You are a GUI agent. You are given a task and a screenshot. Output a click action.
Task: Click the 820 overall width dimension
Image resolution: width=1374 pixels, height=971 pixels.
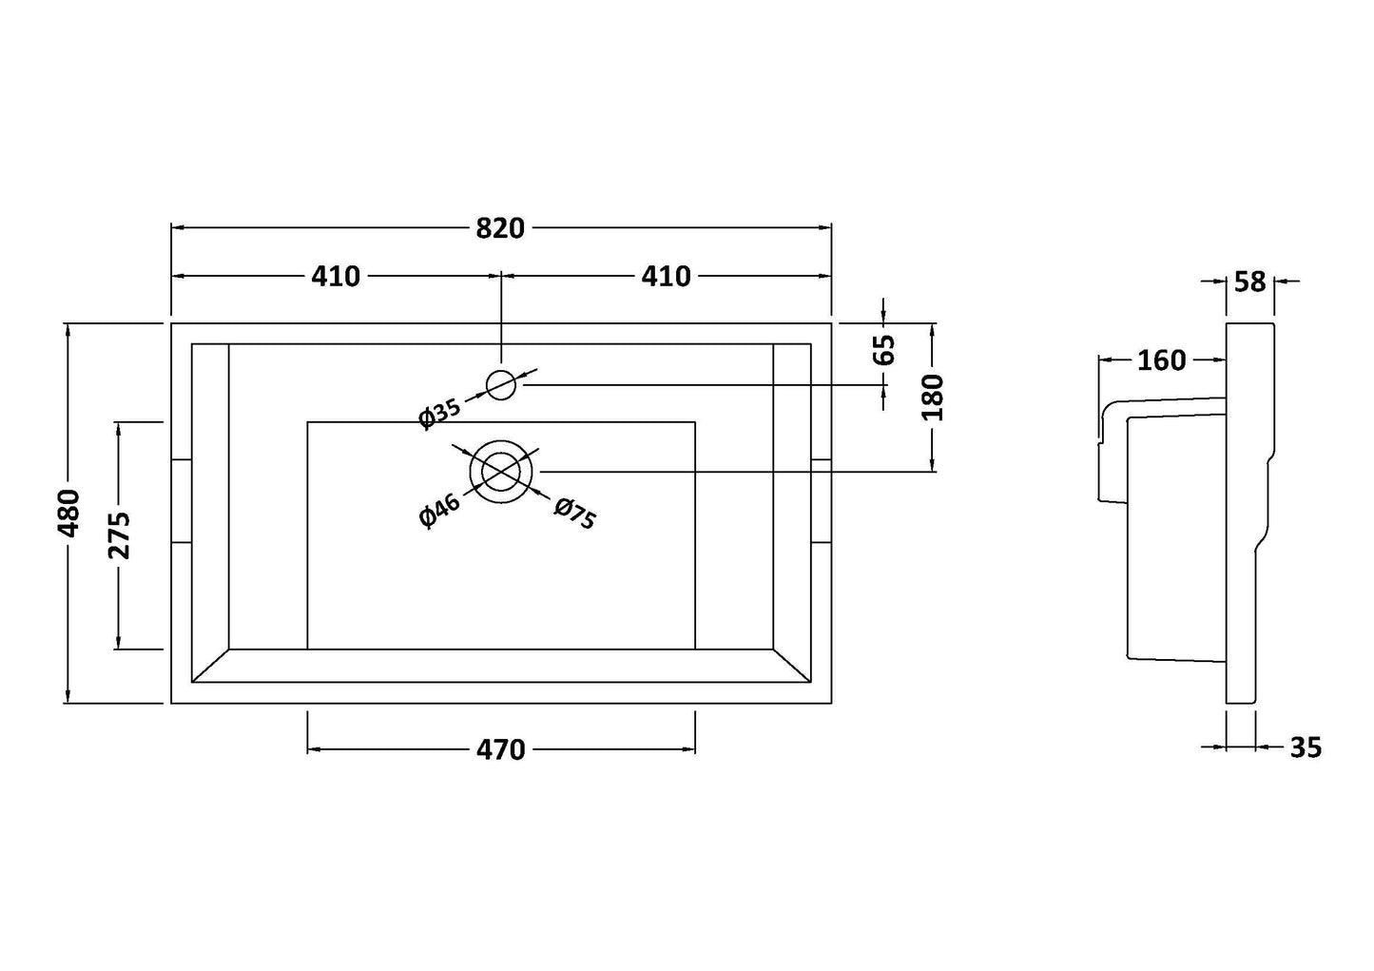pyautogui.click(x=500, y=228)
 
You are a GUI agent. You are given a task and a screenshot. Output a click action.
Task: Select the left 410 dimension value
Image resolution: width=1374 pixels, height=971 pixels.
pyautogui.click(x=336, y=276)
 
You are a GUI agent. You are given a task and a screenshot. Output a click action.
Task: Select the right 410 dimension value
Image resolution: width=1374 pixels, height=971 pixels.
pyautogui.click(x=666, y=276)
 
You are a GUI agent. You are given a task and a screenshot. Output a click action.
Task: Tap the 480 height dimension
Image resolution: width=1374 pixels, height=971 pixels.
pyautogui.click(x=69, y=514)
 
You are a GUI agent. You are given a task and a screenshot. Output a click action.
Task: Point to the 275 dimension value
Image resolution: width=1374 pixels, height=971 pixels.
pyautogui.click(x=120, y=535)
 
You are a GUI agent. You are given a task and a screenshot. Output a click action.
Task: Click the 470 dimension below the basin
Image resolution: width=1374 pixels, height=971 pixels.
pyautogui.click(x=500, y=750)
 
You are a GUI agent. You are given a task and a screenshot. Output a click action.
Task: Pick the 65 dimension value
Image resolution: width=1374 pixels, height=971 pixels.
pyautogui.click(x=884, y=349)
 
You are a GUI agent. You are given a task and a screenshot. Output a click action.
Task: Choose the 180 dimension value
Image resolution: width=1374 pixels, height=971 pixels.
pyautogui.click(x=933, y=398)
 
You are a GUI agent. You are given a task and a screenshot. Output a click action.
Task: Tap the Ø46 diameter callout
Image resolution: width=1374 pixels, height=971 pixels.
pyautogui.click(x=439, y=511)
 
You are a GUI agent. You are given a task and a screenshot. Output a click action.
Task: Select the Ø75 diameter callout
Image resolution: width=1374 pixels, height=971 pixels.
pyautogui.click(x=574, y=514)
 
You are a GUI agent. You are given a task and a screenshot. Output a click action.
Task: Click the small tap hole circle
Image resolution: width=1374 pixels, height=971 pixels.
pyautogui.click(x=501, y=384)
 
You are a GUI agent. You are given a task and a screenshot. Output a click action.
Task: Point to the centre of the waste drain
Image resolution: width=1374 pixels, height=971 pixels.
pyautogui.click(x=502, y=471)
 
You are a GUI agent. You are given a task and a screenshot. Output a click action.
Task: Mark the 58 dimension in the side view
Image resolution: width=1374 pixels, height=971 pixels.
pyautogui.click(x=1250, y=282)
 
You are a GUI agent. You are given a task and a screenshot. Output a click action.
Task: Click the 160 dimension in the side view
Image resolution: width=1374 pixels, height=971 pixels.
pyautogui.click(x=1161, y=360)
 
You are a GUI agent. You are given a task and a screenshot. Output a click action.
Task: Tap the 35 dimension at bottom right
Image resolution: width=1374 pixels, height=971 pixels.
pyautogui.click(x=1306, y=748)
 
